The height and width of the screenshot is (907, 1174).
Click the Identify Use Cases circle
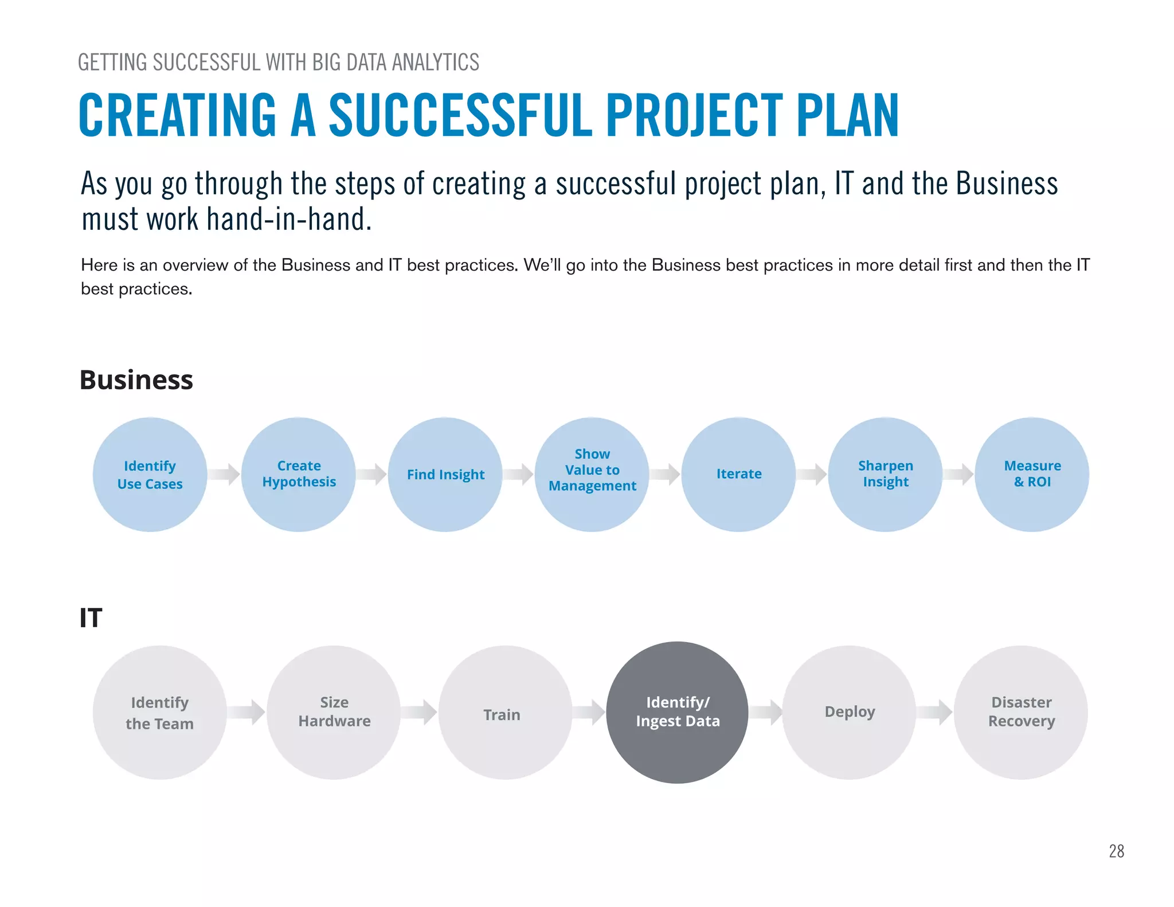pyautogui.click(x=150, y=475)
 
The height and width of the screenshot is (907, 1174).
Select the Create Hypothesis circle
pyautogui.click(x=299, y=475)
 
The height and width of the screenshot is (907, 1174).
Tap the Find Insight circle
pyautogui.click(x=445, y=475)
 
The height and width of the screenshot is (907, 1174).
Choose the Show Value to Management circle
pyautogui.click(x=592, y=475)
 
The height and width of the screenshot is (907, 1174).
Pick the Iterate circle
pyautogui.click(x=739, y=475)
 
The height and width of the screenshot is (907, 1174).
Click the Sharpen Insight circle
pyautogui.click(x=886, y=475)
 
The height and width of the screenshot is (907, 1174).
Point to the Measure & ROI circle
pyautogui.click(x=1032, y=475)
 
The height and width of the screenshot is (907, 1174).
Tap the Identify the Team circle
pyautogui.click(x=160, y=713)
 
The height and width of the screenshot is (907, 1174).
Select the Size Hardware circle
pyautogui.click(x=334, y=713)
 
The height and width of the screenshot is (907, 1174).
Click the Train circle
pyautogui.click(x=505, y=713)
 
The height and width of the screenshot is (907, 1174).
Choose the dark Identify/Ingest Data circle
pyautogui.click(x=678, y=713)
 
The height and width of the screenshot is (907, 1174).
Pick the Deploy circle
pyautogui.click(x=849, y=713)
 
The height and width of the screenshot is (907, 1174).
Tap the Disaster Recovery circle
pyautogui.click(x=1021, y=713)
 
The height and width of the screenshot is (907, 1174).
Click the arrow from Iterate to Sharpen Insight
pyautogui.click(x=812, y=474)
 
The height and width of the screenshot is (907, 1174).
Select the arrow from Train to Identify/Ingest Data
pyautogui.click(x=589, y=712)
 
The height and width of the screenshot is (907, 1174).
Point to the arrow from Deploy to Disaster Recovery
pyautogui.click(x=934, y=712)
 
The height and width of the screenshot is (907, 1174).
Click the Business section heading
pyautogui.click(x=136, y=380)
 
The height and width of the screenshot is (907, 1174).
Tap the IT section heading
pyautogui.click(x=91, y=618)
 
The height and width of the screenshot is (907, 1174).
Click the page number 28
pyautogui.click(x=1116, y=851)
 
